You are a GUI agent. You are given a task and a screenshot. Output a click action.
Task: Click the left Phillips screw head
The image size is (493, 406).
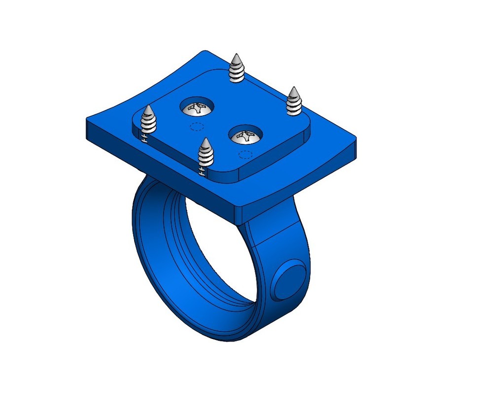tap(197, 107)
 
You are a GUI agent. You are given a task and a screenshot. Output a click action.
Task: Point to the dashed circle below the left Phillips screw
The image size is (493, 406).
tap(197, 126)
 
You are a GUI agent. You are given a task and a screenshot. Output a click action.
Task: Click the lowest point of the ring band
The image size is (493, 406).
tap(232, 340)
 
